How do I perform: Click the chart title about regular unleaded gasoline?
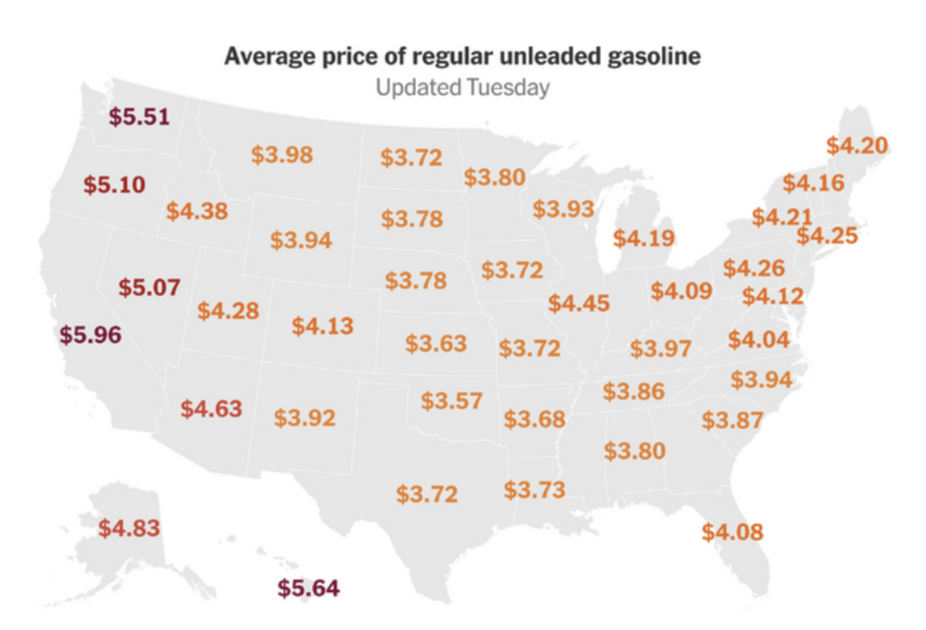click(462, 57)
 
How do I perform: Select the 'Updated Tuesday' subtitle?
click(462, 88)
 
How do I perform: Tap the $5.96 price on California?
click(90, 334)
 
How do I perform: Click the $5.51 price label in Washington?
click(139, 117)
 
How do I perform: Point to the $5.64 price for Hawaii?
click(308, 588)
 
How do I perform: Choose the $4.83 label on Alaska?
click(128, 528)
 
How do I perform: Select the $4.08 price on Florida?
click(732, 531)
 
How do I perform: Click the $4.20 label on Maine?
click(857, 146)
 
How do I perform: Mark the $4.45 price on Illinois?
click(579, 304)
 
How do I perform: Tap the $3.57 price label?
click(451, 400)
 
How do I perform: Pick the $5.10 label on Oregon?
click(114, 184)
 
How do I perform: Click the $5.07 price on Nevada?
click(149, 289)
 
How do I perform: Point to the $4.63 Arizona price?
click(212, 409)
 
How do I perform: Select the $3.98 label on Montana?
click(282, 155)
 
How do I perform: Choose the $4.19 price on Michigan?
click(644, 239)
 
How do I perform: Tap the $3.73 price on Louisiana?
click(534, 490)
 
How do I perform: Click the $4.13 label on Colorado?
click(323, 326)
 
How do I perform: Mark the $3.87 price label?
click(732, 420)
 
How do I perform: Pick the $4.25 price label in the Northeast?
click(827, 236)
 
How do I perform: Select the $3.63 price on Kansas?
click(436, 343)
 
